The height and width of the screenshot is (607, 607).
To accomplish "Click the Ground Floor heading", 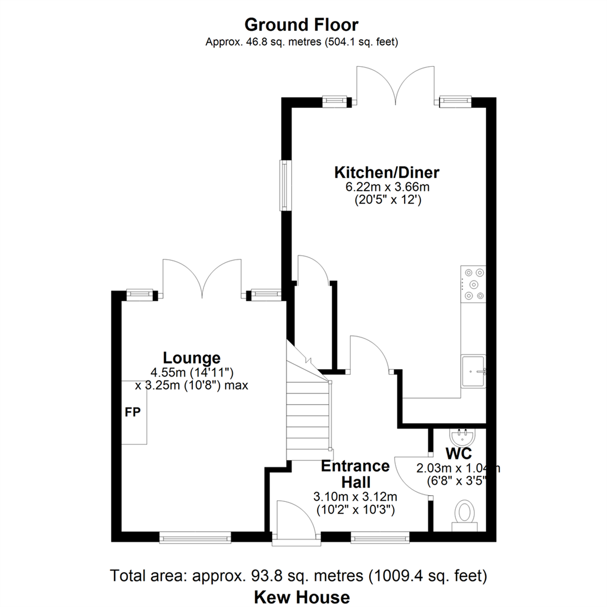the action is [x=301, y=25].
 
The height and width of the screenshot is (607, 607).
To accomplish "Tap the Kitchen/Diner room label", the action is [x=387, y=173].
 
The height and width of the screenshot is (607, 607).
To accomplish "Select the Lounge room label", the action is [x=192, y=358].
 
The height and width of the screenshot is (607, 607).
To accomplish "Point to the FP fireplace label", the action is [x=133, y=413].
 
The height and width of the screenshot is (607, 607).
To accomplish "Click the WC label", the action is [x=459, y=453].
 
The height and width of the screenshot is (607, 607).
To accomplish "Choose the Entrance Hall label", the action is [x=355, y=474].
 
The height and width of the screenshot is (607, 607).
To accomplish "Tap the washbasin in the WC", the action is [x=461, y=437].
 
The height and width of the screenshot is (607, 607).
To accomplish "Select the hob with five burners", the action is [x=473, y=284].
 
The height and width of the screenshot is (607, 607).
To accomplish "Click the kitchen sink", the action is [x=473, y=372].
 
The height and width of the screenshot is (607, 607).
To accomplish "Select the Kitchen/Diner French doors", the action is [x=395, y=85].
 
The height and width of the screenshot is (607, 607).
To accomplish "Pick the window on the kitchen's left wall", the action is [x=286, y=185].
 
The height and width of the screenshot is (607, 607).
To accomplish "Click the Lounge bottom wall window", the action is [x=195, y=537].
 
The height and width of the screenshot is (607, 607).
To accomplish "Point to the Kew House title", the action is [x=302, y=596].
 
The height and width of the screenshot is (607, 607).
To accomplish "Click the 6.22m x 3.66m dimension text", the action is [x=387, y=187].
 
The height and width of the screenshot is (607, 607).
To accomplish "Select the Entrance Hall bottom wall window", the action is [x=380, y=537].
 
